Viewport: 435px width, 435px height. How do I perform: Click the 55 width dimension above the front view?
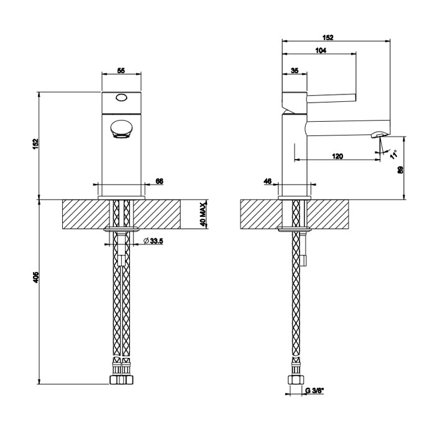121,71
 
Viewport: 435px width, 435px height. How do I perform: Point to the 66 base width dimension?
158,181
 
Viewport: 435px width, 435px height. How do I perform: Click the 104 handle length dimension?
321,52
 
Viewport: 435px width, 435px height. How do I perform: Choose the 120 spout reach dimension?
337,156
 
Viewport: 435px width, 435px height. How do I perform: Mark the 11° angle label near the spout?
393,153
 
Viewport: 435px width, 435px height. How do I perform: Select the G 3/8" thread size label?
314,391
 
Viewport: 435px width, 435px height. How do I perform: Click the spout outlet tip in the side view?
378,134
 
